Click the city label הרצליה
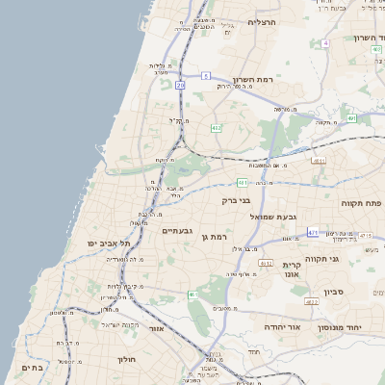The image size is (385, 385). (262, 22)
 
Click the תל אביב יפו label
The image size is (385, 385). (109, 244)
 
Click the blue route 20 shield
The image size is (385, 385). (180, 85)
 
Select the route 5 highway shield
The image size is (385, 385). (206, 74)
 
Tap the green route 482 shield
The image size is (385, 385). (217, 127)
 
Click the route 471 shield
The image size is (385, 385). (313, 233)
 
